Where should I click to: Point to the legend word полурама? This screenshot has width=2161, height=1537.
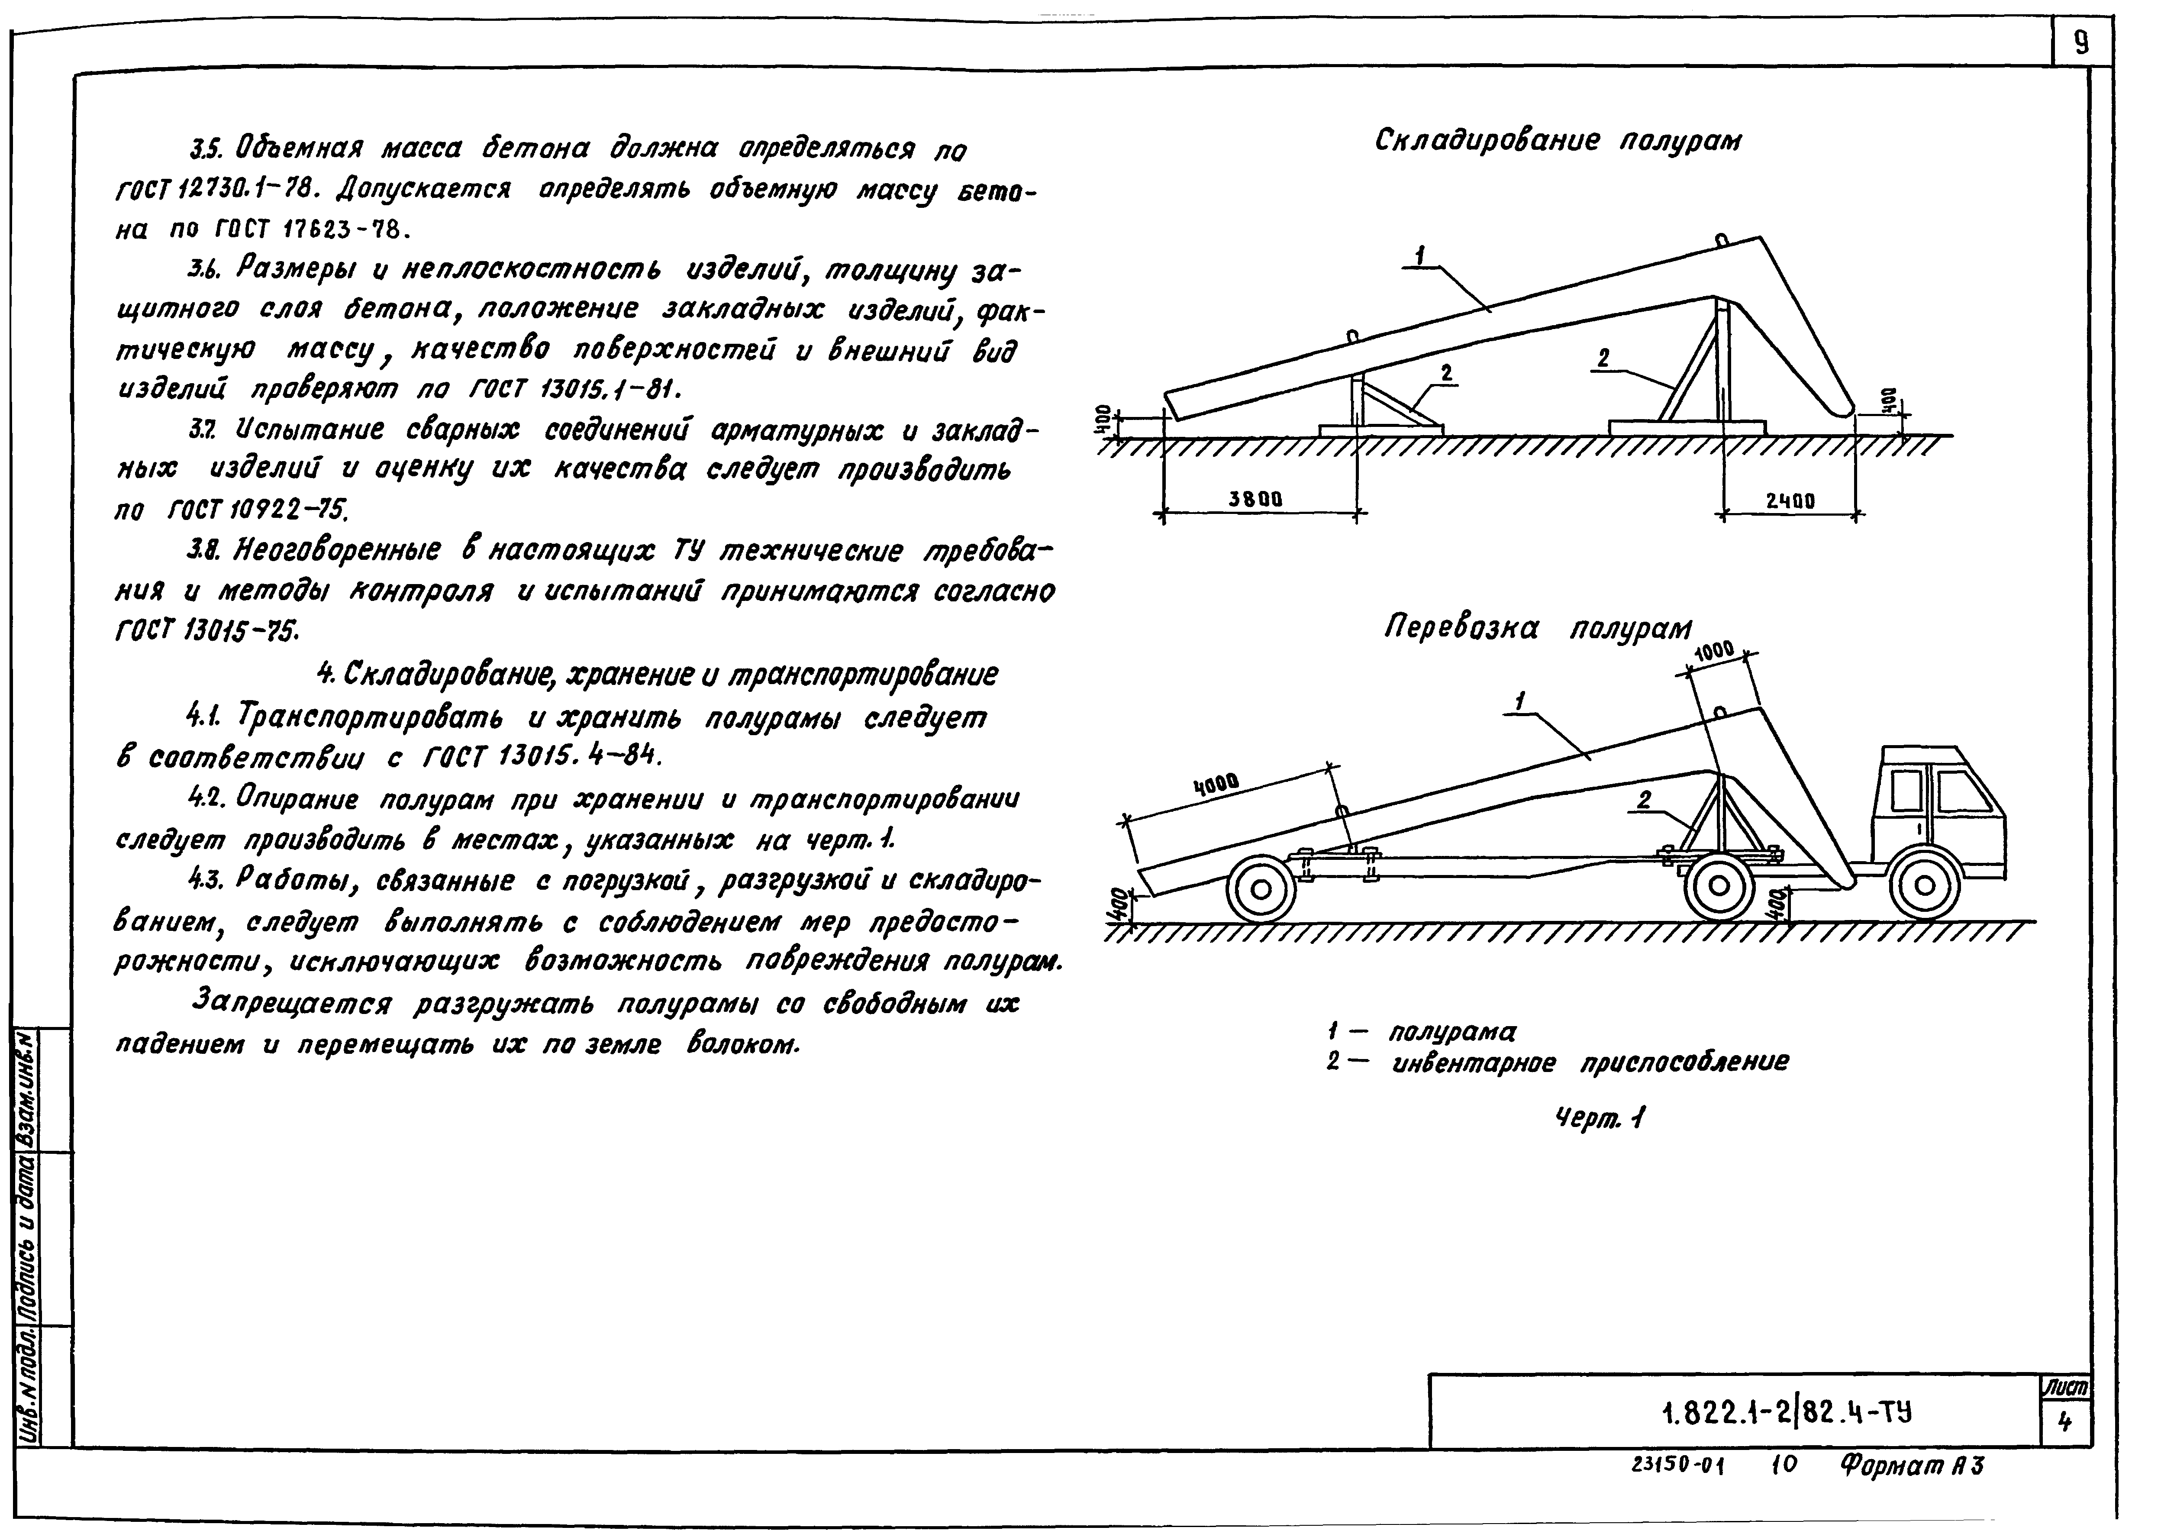click(1452, 1031)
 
